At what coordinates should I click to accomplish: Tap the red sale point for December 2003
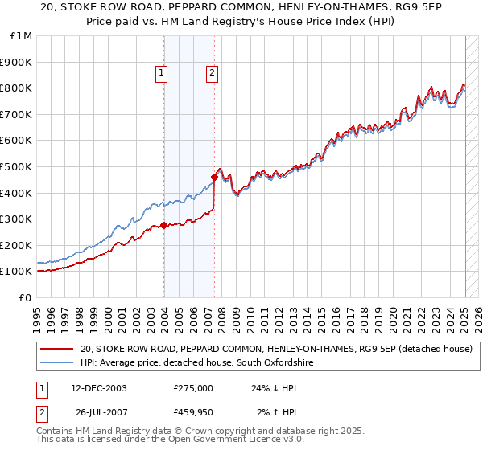(164, 226)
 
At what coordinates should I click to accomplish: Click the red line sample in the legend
(57, 349)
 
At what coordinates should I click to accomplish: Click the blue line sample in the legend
(57, 363)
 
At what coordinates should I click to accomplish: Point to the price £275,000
(193, 388)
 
